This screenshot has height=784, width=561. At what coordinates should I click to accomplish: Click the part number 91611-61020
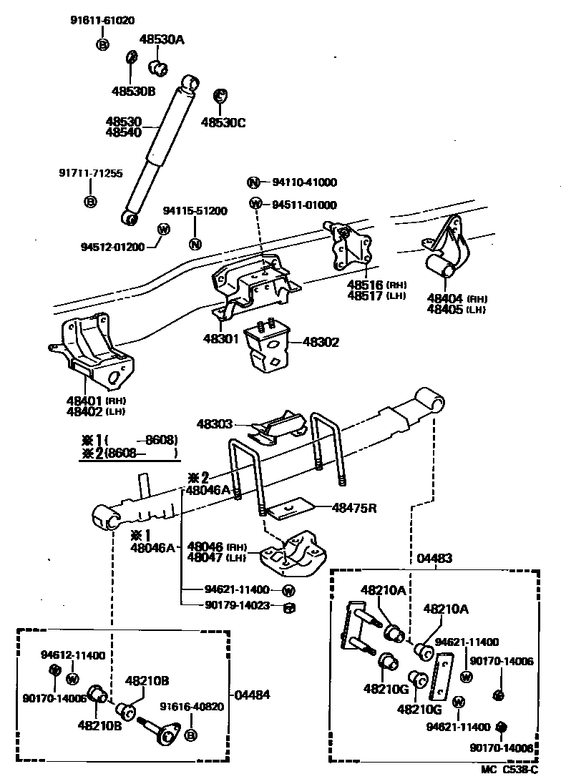click(x=102, y=21)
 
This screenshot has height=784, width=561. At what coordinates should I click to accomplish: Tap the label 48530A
click(x=161, y=40)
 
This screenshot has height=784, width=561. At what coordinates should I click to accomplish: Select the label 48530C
click(x=223, y=122)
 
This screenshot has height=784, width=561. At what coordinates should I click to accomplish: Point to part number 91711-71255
click(x=90, y=173)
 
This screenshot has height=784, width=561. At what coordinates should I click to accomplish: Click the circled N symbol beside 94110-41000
click(x=254, y=182)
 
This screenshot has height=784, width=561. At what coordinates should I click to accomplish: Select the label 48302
click(x=321, y=343)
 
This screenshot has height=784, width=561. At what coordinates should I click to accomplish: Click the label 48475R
click(x=353, y=508)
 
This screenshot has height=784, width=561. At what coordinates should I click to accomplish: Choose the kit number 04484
click(x=252, y=695)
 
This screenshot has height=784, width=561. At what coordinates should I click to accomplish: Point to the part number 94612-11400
click(x=72, y=655)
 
